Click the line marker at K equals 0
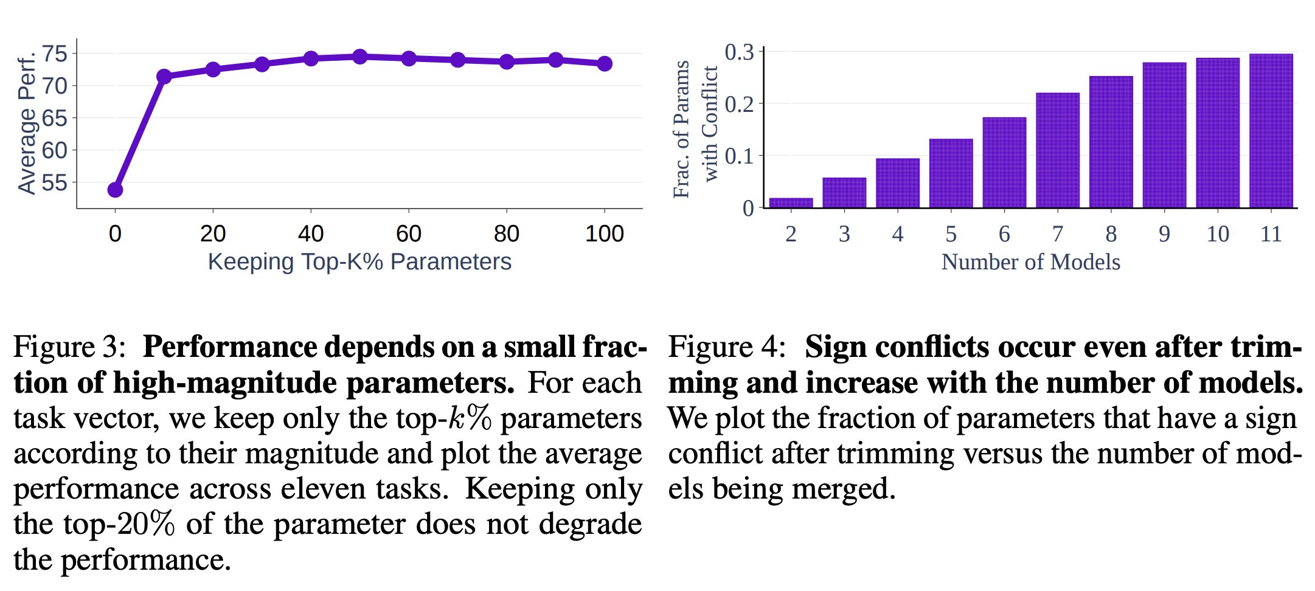click(115, 190)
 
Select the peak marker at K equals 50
click(360, 57)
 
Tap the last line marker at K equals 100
click(605, 63)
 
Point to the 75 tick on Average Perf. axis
click(55, 54)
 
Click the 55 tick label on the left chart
click(55, 182)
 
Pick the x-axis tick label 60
click(409, 233)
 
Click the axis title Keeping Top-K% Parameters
click(359, 261)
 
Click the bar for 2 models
click(791, 202)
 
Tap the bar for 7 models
click(1058, 150)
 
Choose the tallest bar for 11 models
click(1271, 131)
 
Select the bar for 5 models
click(951, 173)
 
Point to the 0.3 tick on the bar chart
click(740, 52)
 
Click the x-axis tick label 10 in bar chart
click(1218, 234)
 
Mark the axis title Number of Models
click(1030, 262)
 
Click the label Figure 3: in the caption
click(69, 347)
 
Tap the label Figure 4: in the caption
click(726, 347)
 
